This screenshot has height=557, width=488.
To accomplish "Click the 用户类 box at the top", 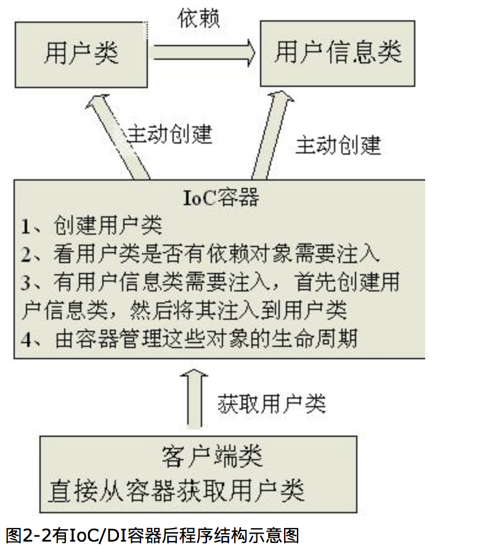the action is pyautogui.click(x=81, y=54).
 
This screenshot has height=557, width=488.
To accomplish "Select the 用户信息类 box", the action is pyautogui.click(x=338, y=53).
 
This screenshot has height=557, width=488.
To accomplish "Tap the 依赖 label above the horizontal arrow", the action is pyautogui.click(x=198, y=19).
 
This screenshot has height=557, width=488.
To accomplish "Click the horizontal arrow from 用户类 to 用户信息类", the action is pyautogui.click(x=203, y=53).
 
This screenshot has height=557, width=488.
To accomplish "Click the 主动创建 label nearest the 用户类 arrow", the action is pyautogui.click(x=170, y=134).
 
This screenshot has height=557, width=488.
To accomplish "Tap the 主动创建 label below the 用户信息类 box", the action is pyautogui.click(x=338, y=145).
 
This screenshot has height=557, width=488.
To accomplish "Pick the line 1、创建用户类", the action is pyautogui.click(x=92, y=226).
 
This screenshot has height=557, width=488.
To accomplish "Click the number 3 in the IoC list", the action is pyautogui.click(x=26, y=283).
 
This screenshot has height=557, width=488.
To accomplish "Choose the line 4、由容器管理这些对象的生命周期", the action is pyautogui.click(x=189, y=339).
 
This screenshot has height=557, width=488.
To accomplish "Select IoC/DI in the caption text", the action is pyautogui.click(x=101, y=534).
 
